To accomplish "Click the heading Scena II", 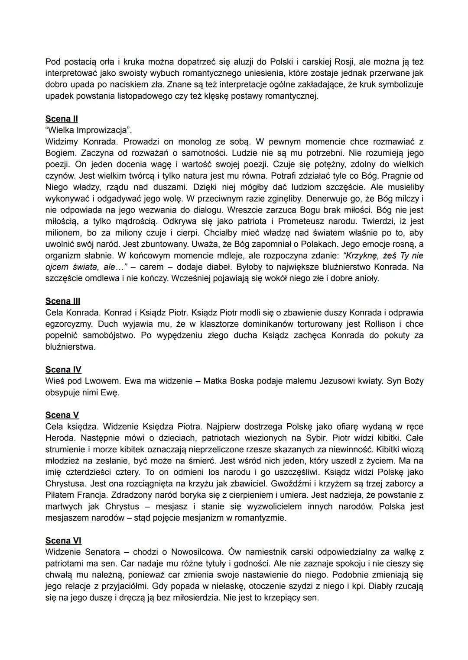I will click(62, 119).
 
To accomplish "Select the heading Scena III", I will click(63, 301).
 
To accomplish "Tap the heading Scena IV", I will click(63, 369).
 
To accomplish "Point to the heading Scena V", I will click(62, 415).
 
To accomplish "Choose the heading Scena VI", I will click(63, 541).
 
